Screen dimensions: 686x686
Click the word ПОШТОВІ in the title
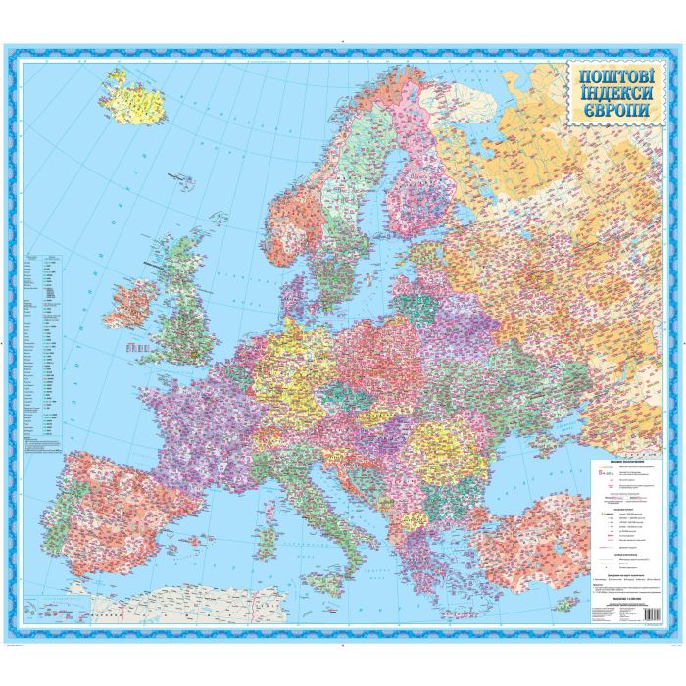pyautogui.click(x=610, y=75)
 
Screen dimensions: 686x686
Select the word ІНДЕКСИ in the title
pyautogui.click(x=610, y=93)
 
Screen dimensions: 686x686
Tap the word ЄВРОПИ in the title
pyautogui.click(x=610, y=110)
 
